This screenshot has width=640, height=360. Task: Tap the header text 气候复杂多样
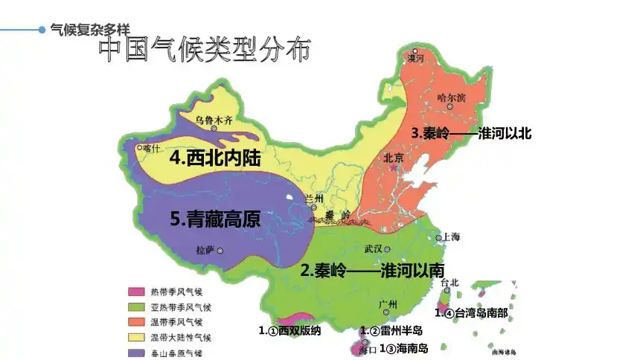tap(89, 30)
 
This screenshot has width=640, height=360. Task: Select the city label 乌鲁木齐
tap(214, 118)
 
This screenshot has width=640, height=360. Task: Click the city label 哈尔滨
tap(452, 97)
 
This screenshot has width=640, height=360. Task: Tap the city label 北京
tap(393, 158)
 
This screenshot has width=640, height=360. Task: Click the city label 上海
tap(452, 237)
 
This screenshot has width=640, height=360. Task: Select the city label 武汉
tap(373, 248)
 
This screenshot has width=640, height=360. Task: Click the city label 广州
tap(388, 304)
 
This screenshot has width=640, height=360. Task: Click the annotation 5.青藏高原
tap(215, 219)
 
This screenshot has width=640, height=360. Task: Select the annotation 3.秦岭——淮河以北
tap(472, 133)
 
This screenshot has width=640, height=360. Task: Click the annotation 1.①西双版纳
tap(289, 330)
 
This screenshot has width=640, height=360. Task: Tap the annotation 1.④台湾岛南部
tap(471, 313)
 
